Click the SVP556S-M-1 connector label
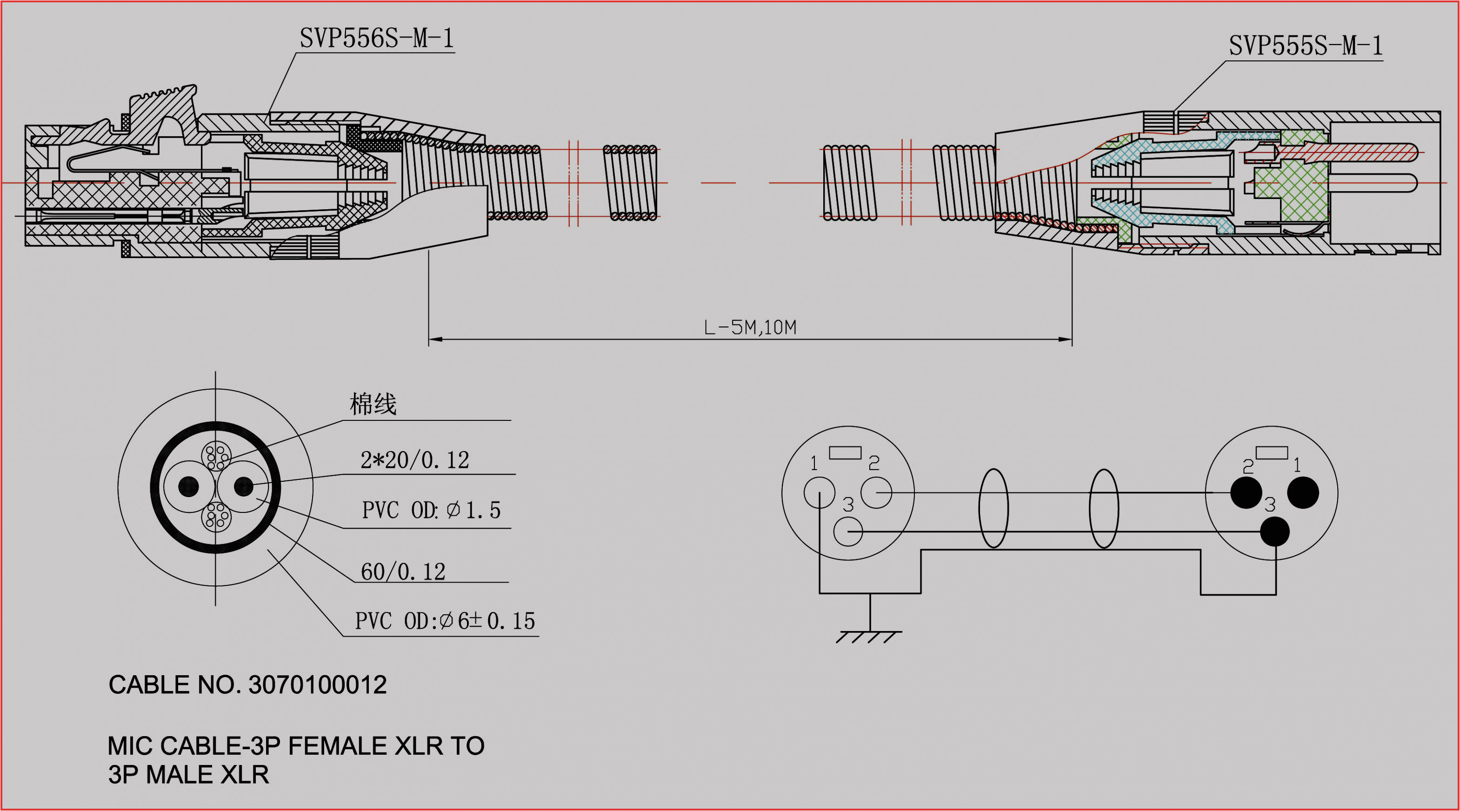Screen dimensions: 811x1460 click(376, 39)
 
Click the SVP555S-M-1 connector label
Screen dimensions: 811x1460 click(1305, 45)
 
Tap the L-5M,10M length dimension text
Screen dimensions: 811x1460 click(749, 327)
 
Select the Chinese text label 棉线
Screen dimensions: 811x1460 click(373, 404)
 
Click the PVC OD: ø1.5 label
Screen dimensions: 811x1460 click(431, 510)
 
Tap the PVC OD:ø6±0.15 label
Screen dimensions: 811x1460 click(445, 621)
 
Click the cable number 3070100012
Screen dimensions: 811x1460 click(317, 685)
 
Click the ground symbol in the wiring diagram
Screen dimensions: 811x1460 click(869, 636)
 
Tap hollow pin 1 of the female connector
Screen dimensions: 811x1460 click(819, 492)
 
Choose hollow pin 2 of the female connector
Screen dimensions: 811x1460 click(876, 492)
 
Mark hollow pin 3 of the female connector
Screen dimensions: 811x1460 click(848, 532)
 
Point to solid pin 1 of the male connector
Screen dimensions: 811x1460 click(1303, 492)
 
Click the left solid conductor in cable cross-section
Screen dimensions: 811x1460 click(189, 486)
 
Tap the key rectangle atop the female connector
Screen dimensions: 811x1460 click(845, 452)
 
